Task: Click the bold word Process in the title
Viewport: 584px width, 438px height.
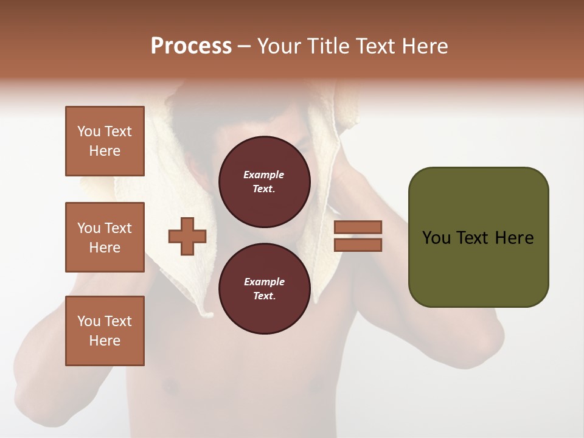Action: coord(191,46)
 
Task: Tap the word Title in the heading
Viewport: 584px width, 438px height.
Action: coord(328,46)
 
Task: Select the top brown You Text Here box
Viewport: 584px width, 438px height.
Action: coord(105,141)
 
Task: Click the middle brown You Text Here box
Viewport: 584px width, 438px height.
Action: coord(105,237)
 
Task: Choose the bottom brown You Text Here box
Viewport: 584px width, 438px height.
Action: coord(105,331)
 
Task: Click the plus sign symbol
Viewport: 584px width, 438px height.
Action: coord(187,235)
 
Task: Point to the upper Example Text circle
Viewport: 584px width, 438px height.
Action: coord(264,182)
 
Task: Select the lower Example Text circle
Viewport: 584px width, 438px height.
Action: coord(264,289)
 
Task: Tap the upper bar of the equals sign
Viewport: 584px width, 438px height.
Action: coord(358,227)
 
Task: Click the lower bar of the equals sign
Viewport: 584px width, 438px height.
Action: coord(358,245)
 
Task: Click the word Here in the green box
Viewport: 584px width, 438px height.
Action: coord(515,238)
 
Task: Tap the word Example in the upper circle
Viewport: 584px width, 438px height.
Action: coord(264,175)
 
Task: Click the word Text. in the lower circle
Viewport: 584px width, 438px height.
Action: coord(264,296)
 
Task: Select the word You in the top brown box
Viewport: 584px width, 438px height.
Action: coord(89,131)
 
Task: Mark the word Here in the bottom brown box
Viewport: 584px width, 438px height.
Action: coord(105,341)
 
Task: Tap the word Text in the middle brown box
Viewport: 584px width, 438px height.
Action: coord(118,228)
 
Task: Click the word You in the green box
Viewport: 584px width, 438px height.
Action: coord(436,238)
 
